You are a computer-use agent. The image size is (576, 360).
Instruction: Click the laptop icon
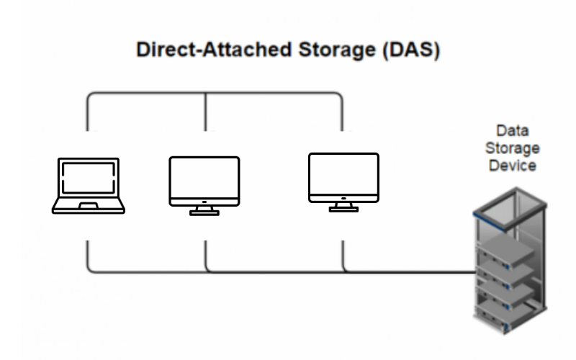[89, 186]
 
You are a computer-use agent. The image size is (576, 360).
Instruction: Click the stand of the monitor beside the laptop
[204, 210]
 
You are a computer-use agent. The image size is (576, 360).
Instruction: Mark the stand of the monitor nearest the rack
[343, 207]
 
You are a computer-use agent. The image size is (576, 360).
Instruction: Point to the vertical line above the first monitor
[206, 112]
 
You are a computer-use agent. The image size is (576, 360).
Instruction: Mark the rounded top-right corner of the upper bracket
[338, 96]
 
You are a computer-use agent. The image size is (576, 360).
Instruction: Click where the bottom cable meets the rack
[475, 272]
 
